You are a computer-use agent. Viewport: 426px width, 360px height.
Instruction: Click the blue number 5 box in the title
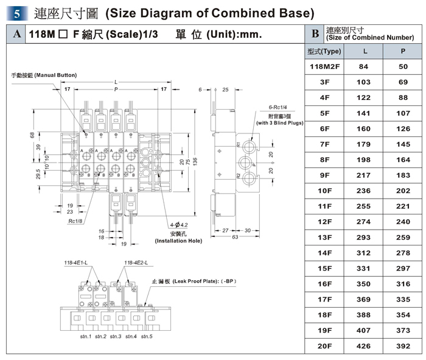(x=18, y=12)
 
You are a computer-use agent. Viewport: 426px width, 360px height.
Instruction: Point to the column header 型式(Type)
(x=326, y=51)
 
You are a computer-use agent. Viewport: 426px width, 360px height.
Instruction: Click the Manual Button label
(x=44, y=75)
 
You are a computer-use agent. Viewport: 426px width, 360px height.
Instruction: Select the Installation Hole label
(x=178, y=241)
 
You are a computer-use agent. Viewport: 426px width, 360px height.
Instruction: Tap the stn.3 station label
(x=116, y=336)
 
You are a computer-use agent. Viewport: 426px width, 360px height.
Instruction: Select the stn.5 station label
(x=146, y=336)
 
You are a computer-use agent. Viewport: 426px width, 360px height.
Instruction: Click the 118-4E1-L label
(x=76, y=263)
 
